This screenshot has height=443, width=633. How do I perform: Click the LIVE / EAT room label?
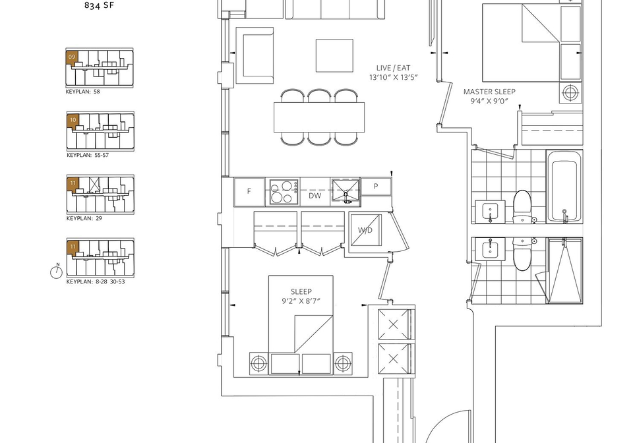click(393, 68)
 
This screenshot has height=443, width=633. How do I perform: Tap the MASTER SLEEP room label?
click(489, 92)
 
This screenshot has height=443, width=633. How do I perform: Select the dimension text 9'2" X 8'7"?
click(301, 301)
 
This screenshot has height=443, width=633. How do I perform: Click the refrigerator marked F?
click(249, 191)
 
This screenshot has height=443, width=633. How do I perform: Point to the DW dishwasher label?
click(315, 196)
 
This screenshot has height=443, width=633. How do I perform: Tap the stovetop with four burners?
click(284, 192)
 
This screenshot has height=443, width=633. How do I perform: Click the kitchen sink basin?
click(346, 191)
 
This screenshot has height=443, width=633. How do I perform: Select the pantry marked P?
click(376, 187)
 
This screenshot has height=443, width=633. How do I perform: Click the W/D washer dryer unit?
click(365, 230)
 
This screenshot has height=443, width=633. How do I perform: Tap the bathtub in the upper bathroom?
click(564, 187)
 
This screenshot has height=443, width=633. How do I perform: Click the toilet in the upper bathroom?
click(523, 206)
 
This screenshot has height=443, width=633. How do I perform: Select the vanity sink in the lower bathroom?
click(490, 249)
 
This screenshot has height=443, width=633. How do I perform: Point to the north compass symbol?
click(57, 272)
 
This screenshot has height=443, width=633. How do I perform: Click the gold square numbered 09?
click(72, 57)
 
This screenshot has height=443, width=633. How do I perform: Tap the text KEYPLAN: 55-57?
click(88, 155)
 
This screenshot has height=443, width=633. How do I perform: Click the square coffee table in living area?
click(335, 55)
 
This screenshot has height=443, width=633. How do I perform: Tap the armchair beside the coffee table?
click(255, 55)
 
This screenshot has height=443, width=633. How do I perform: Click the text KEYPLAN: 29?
click(84, 218)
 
